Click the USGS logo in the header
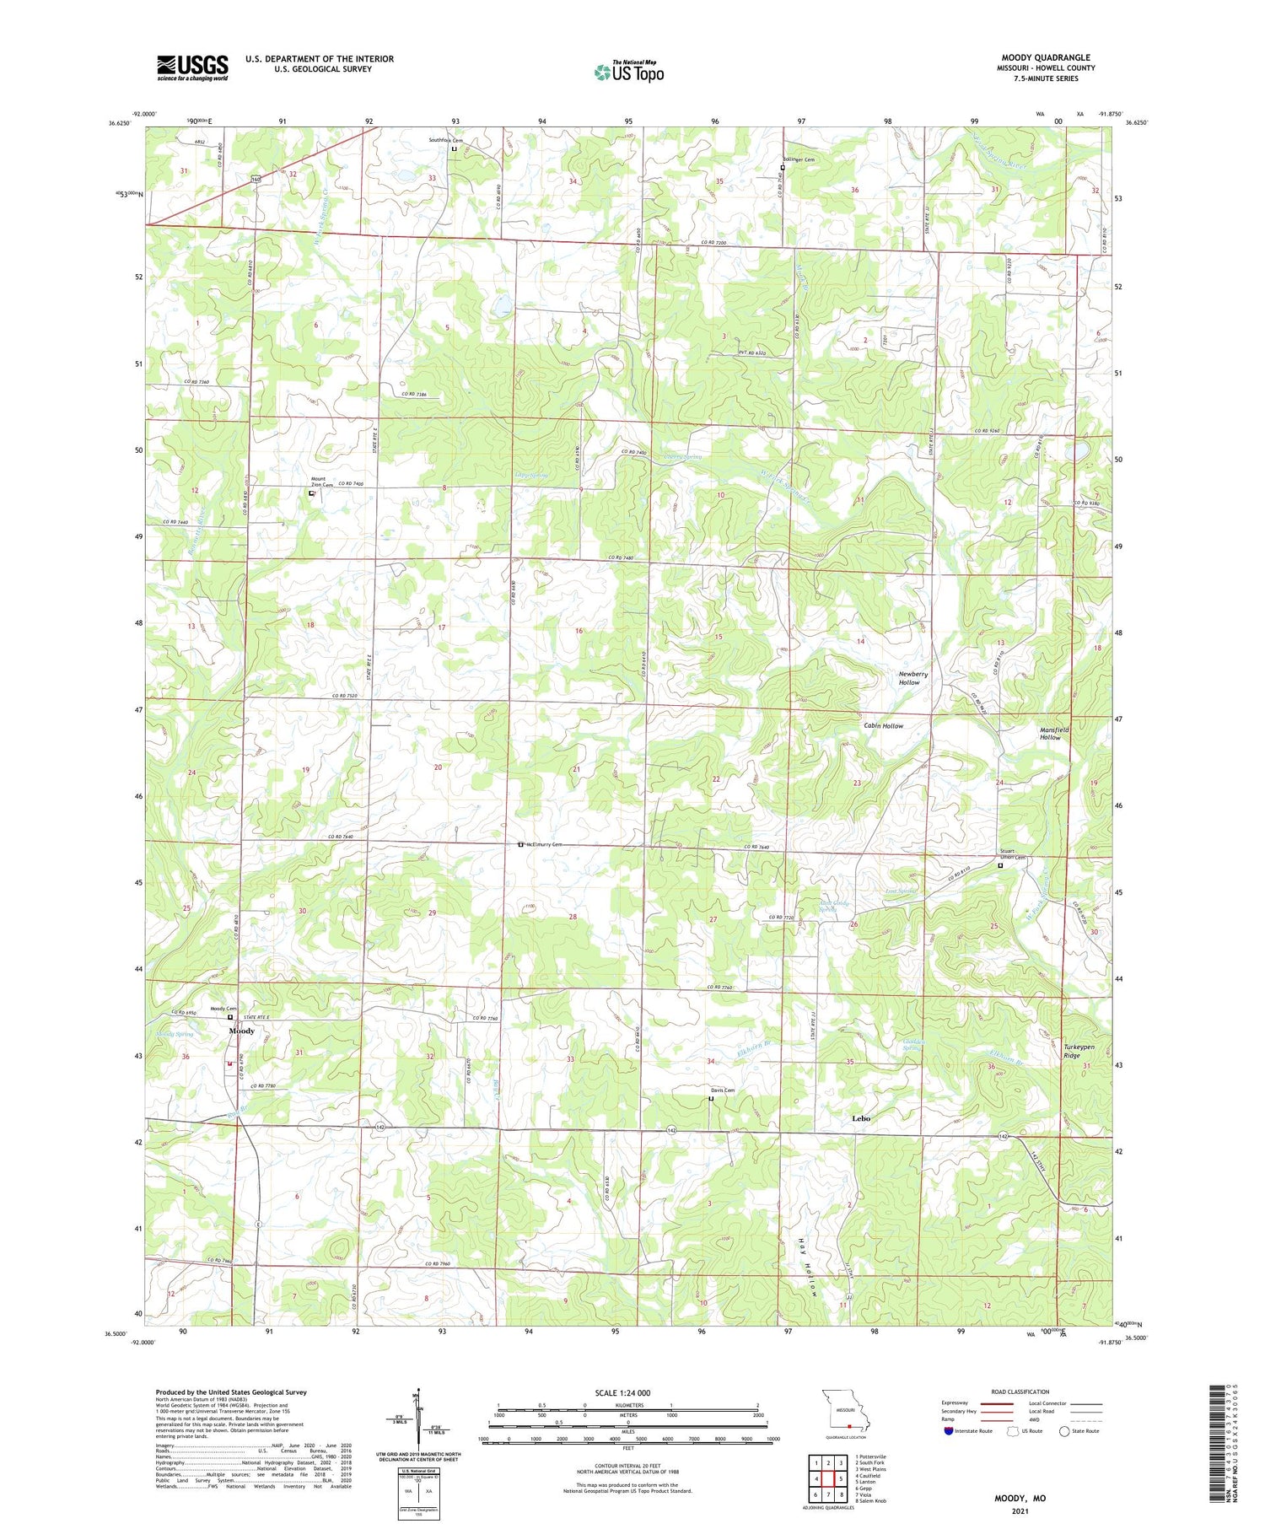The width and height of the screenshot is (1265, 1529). point(192,67)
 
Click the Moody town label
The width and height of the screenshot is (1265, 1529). point(242,1031)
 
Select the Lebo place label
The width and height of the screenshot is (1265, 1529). point(860,1118)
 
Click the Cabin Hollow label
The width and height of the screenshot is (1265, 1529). point(883,725)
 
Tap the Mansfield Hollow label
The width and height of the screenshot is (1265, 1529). point(1053,733)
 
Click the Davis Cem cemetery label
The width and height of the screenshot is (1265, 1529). point(721,1090)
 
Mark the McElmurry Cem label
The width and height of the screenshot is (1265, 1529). point(544,844)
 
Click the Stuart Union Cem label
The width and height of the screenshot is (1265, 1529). point(1012,854)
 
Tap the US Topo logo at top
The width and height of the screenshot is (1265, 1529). point(628,73)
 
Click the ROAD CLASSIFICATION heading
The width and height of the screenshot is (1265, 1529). point(1020,1392)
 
